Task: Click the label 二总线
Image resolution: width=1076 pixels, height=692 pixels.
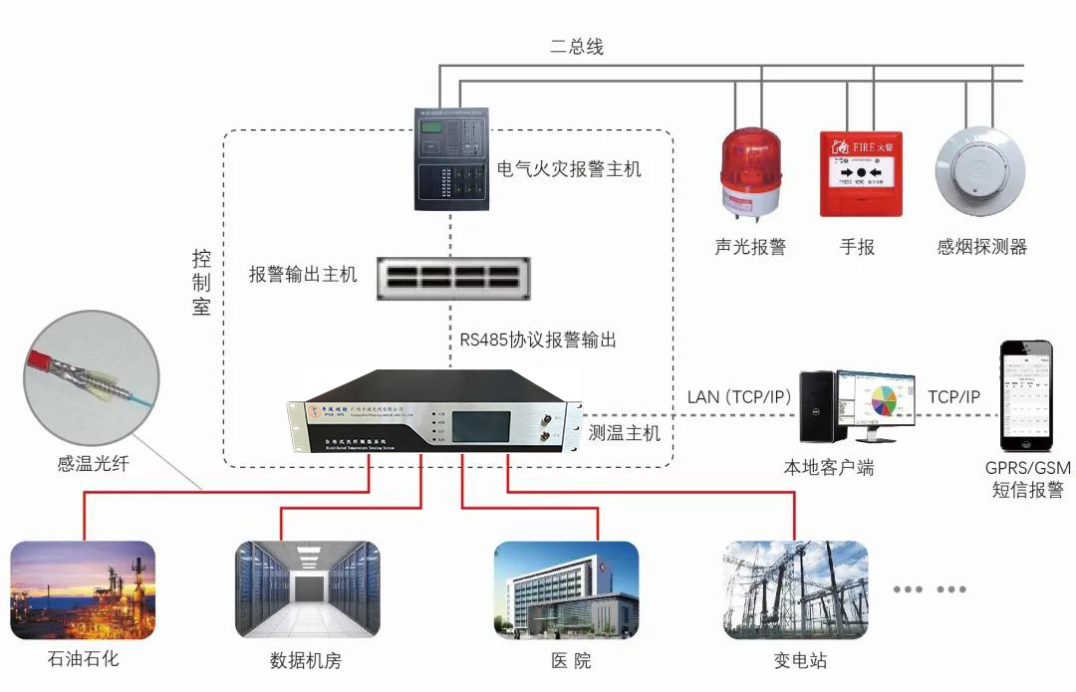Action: (577, 47)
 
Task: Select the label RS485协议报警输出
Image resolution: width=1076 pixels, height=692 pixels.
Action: (538, 340)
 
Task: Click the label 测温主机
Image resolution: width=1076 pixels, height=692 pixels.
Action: (624, 433)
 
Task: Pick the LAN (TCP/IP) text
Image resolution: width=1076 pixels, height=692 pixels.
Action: (739, 397)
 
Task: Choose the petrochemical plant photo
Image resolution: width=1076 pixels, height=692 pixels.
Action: (83, 590)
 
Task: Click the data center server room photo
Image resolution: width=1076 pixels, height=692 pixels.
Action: (307, 590)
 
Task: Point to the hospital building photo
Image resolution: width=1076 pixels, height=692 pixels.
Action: (566, 590)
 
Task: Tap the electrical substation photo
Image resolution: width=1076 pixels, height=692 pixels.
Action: (795, 590)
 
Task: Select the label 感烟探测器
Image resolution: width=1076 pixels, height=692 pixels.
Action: (981, 247)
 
